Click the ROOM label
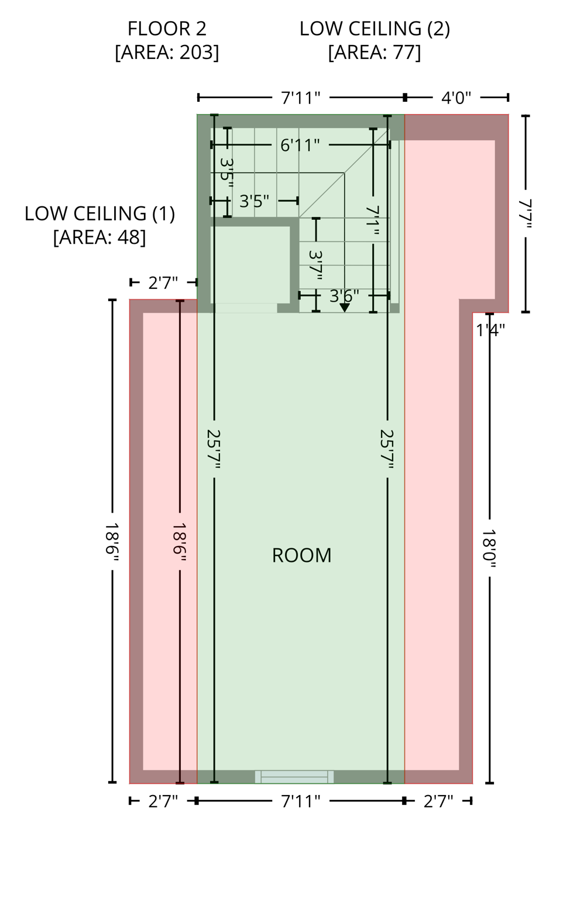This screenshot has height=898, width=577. click(x=301, y=555)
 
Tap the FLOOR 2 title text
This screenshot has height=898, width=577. click(x=167, y=29)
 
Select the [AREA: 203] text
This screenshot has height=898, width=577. click(x=167, y=53)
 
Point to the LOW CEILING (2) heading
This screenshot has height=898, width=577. click(x=375, y=29)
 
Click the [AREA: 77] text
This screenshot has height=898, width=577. click(x=375, y=53)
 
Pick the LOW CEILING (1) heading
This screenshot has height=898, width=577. click(x=99, y=213)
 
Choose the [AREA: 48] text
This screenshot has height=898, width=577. click(x=99, y=237)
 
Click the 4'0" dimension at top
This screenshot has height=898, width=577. click(x=456, y=98)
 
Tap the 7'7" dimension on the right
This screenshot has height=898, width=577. click(x=525, y=214)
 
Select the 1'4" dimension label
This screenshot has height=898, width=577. click(x=490, y=330)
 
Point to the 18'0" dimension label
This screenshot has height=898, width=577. click(x=489, y=545)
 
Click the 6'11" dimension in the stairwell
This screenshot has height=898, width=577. click(x=300, y=145)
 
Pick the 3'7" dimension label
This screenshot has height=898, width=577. click(x=316, y=265)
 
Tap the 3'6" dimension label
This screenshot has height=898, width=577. click(x=344, y=296)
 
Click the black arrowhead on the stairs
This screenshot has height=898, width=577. click(x=345, y=308)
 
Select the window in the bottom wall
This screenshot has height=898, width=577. click(x=294, y=776)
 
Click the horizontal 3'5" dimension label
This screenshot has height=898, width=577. click(x=254, y=201)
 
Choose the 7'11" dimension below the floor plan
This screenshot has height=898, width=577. click(x=300, y=801)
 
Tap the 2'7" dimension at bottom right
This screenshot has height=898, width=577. click(x=438, y=801)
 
